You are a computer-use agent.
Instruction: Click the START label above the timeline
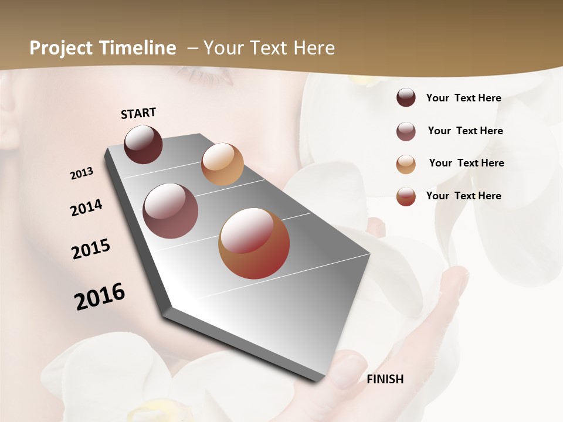click(138, 113)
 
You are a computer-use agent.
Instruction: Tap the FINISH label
click(385, 379)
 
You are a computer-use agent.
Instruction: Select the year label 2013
click(82, 173)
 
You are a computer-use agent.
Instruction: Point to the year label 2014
click(86, 208)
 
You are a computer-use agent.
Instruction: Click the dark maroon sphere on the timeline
click(144, 144)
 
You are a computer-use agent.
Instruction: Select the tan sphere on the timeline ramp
click(222, 164)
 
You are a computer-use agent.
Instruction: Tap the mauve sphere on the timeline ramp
click(171, 211)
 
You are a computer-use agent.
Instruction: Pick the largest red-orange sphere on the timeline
click(254, 243)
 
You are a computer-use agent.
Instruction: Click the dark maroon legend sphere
click(406, 98)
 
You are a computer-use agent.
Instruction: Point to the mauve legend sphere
click(406, 131)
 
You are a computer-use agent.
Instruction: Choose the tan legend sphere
click(406, 164)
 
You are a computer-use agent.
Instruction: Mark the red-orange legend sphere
click(406, 196)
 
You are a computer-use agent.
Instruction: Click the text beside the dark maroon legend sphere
click(463, 98)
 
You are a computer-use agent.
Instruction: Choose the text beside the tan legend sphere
click(466, 163)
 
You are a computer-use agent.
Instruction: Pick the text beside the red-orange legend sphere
click(463, 196)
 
